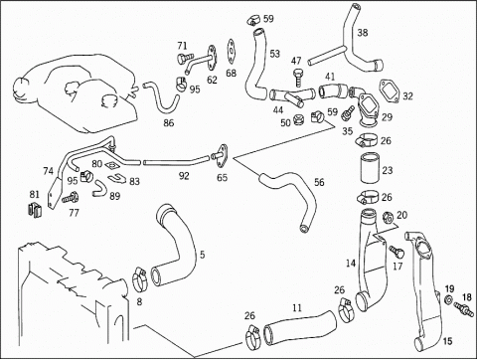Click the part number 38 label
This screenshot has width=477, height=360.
(x=363, y=33)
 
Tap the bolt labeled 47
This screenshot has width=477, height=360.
(x=297, y=78)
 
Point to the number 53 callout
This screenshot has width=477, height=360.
(x=274, y=54)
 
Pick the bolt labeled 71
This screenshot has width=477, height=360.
(x=183, y=60)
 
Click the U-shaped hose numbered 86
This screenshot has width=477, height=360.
(x=162, y=98)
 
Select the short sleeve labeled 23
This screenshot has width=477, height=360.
(x=371, y=168)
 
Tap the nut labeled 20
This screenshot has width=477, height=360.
(x=387, y=217)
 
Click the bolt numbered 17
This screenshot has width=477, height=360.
(x=397, y=252)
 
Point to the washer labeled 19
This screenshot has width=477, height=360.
(x=448, y=299)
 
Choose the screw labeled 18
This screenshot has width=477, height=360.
(x=463, y=309)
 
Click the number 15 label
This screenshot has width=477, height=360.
(x=447, y=340)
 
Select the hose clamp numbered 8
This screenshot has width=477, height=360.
(x=140, y=279)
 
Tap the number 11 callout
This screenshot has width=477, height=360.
(x=297, y=308)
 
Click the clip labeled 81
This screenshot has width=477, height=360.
(x=34, y=210)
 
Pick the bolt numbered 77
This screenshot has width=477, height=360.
(x=71, y=198)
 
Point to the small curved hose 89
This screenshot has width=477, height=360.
(x=99, y=189)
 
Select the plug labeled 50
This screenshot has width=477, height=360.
(x=299, y=119)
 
